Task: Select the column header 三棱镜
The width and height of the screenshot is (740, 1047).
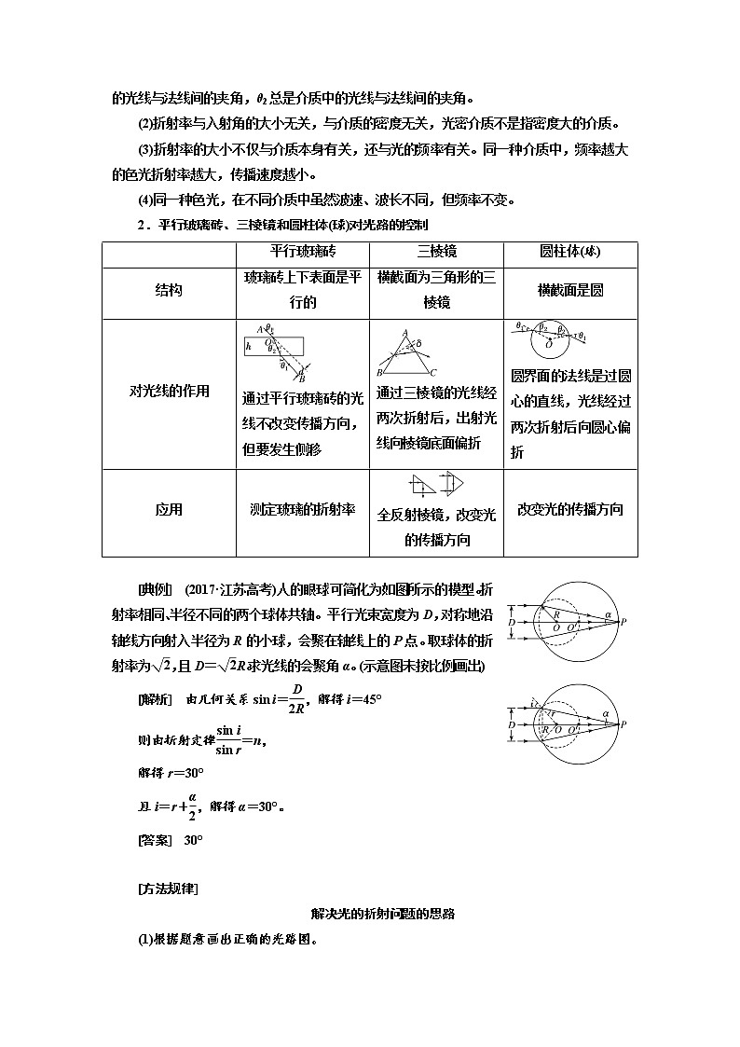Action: [x=436, y=253]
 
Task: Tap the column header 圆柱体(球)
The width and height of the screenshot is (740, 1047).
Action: [x=569, y=253]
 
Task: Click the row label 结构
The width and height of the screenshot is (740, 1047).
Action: [x=169, y=290]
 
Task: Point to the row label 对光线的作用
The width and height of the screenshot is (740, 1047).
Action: [x=169, y=392]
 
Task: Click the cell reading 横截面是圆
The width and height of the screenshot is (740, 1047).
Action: [x=569, y=290]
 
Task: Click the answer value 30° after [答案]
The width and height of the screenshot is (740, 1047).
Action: [x=193, y=840]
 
